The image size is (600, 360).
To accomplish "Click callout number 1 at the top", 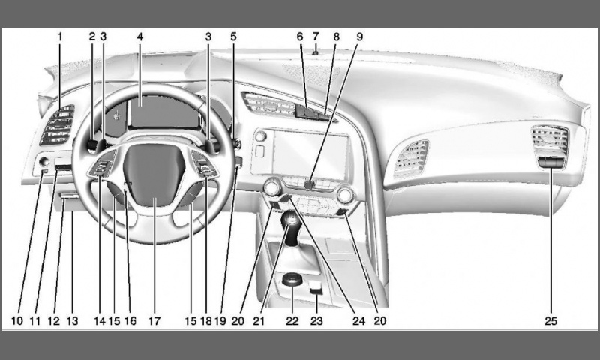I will click(x=61, y=36).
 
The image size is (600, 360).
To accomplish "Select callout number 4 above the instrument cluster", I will click(x=141, y=36).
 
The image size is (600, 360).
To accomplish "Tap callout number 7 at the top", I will click(x=316, y=36).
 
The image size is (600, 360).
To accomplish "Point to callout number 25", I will click(x=551, y=321).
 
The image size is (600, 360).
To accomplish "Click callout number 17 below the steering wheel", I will click(x=154, y=321).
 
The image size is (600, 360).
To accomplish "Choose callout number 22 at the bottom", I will click(x=292, y=321).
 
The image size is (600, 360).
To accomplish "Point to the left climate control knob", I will click(x=272, y=187).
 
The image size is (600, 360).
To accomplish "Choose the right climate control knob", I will click(x=346, y=195).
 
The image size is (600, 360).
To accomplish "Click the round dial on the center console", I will click(x=292, y=281).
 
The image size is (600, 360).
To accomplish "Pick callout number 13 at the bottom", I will click(x=73, y=321).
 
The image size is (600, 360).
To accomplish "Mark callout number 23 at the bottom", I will click(x=317, y=321).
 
